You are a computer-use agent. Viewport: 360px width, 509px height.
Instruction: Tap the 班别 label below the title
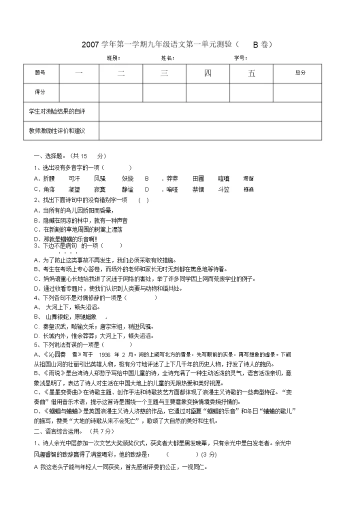[113, 58]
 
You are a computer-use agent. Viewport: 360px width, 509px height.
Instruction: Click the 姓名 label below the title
[167, 58]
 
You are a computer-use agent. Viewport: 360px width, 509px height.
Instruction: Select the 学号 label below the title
[240, 58]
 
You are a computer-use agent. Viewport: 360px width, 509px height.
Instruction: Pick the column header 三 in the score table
[164, 73]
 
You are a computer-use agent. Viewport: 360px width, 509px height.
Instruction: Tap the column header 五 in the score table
[251, 73]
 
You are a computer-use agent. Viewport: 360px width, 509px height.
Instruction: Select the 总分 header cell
[299, 73]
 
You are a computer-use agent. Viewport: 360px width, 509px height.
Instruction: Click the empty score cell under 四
[208, 92]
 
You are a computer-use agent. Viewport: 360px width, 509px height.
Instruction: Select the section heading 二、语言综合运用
[59, 430]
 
